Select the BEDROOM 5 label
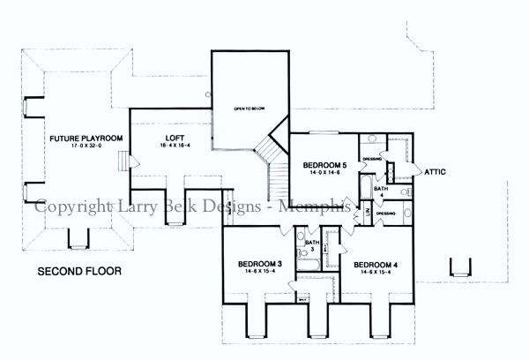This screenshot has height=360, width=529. [x=324, y=165]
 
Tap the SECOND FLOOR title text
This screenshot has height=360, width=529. [x=80, y=270]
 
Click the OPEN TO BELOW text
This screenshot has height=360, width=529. [x=250, y=109]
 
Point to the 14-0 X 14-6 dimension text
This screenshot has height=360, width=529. [x=324, y=175]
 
